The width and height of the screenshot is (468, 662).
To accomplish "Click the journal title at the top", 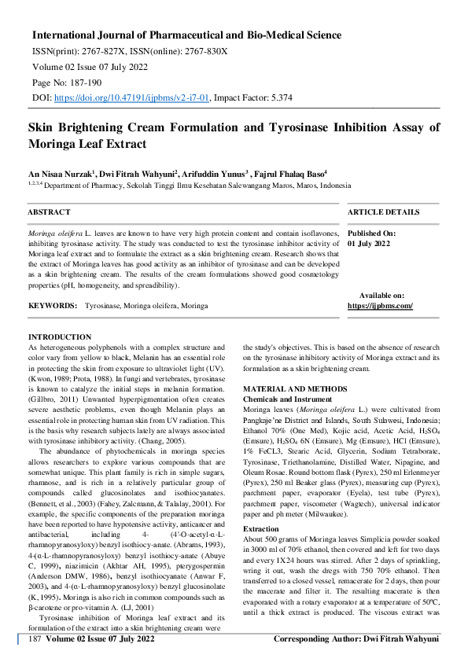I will click(186, 35).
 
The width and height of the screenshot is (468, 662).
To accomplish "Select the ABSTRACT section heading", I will click(49, 212).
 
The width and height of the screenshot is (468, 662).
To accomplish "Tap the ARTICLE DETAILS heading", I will click(383, 212).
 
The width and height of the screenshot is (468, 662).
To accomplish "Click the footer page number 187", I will click(34, 639).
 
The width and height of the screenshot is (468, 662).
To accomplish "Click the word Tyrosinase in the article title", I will click(271, 127).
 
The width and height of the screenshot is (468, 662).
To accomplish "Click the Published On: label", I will click(372, 234).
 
